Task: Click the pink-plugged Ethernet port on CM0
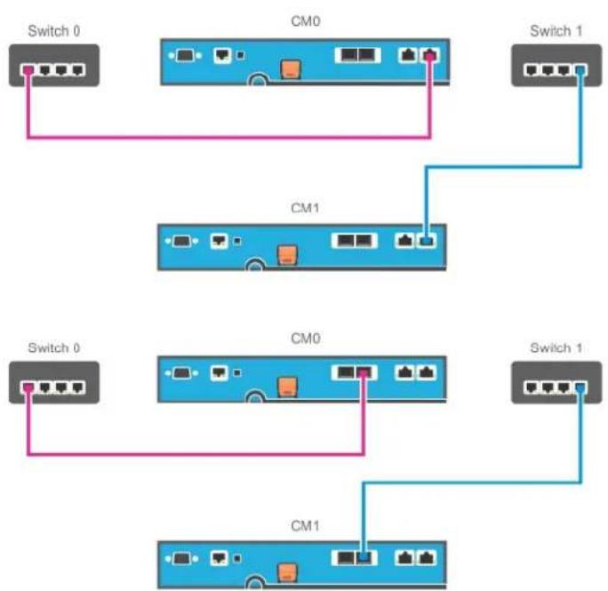428,55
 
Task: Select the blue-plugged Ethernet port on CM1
426,241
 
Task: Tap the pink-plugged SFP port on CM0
364,372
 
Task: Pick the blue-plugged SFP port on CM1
364,557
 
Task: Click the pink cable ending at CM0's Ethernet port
228,137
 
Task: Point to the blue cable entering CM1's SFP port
472,483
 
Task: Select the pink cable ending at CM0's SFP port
196,453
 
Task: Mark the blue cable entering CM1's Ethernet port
504,167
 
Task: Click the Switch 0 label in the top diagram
54,30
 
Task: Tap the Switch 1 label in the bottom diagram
556,347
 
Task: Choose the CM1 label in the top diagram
305,208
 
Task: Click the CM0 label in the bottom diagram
305,339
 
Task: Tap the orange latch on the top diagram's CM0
291,69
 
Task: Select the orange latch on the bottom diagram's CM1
287,573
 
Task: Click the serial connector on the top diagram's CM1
181,241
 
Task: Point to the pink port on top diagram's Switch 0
28,70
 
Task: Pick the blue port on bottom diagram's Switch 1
580,387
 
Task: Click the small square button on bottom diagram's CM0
237,372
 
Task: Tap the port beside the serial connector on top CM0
222,55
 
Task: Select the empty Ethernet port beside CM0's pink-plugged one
408,55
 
